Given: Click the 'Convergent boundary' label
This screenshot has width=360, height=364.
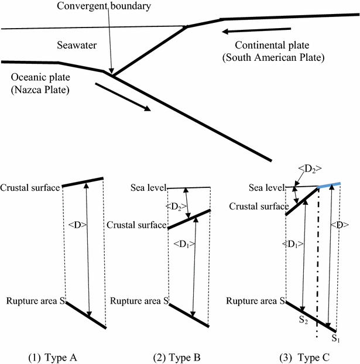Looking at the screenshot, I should click(x=105, y=6).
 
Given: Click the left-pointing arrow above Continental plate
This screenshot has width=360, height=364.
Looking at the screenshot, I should click(x=256, y=30).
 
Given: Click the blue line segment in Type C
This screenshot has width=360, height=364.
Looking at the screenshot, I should click(x=329, y=186).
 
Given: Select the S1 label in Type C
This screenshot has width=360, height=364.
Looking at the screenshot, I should click(x=335, y=338).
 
